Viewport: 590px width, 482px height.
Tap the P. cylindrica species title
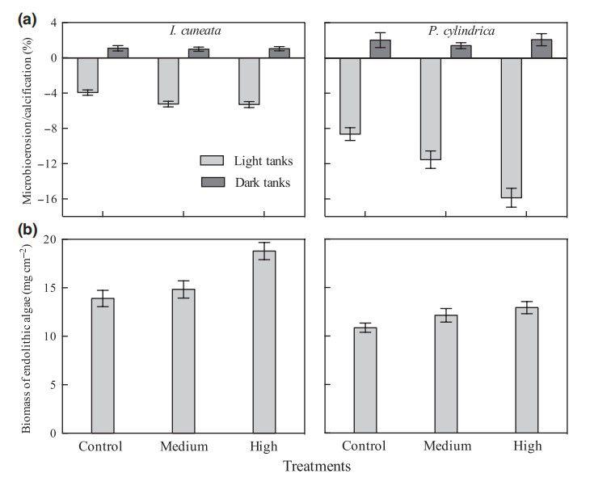pyautogui.click(x=461, y=32)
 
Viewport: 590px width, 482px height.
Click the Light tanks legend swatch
pyautogui.click(x=212, y=160)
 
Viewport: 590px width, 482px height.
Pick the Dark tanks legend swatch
pyautogui.click(x=212, y=182)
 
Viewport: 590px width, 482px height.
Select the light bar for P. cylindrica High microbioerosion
pyautogui.click(x=512, y=128)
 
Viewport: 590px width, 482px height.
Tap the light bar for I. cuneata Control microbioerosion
pyautogui.click(x=87, y=75)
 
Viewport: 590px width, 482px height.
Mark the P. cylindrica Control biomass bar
pyautogui.click(x=365, y=380)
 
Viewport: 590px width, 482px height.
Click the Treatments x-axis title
pyautogui.click(x=316, y=467)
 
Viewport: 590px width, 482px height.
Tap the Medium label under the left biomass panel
pyautogui.click(x=183, y=446)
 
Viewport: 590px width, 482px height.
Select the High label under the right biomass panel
pyautogui.click(x=527, y=446)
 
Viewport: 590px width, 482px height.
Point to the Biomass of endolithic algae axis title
pyautogui.click(x=27, y=336)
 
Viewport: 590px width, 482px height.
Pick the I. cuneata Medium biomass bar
pyautogui.click(x=183, y=361)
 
